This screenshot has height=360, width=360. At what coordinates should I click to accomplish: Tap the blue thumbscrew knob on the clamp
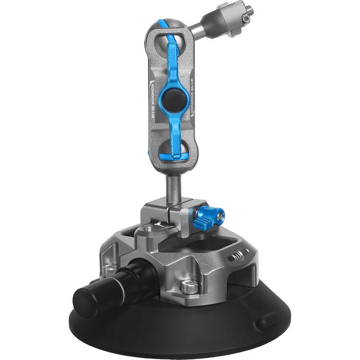click(209, 216)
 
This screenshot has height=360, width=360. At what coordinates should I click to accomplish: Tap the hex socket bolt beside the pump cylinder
click(110, 270)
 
